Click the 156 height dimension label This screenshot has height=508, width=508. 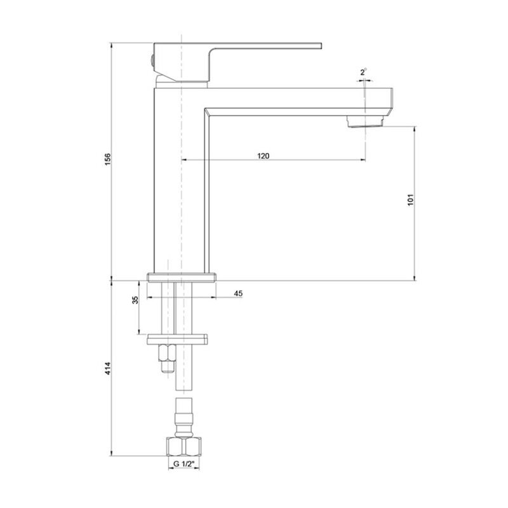[x=108, y=159]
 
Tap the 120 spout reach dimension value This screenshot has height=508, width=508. [x=263, y=156]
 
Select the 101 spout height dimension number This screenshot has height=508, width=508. [x=410, y=200]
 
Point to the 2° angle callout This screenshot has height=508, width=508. [x=363, y=72]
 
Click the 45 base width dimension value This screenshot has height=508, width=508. [x=238, y=293]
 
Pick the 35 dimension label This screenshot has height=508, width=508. [x=135, y=300]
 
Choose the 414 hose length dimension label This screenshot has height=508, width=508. [x=108, y=368]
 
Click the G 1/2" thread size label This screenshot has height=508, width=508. [x=184, y=464]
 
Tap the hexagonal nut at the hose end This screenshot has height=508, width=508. [x=184, y=447]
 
